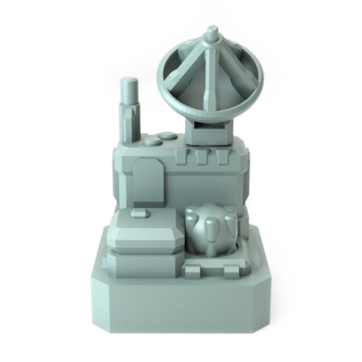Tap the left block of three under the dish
[x=181, y=158]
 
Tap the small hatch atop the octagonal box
[x=140, y=212]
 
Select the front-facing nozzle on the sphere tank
[x=210, y=227]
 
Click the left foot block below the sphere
[x=194, y=271]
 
